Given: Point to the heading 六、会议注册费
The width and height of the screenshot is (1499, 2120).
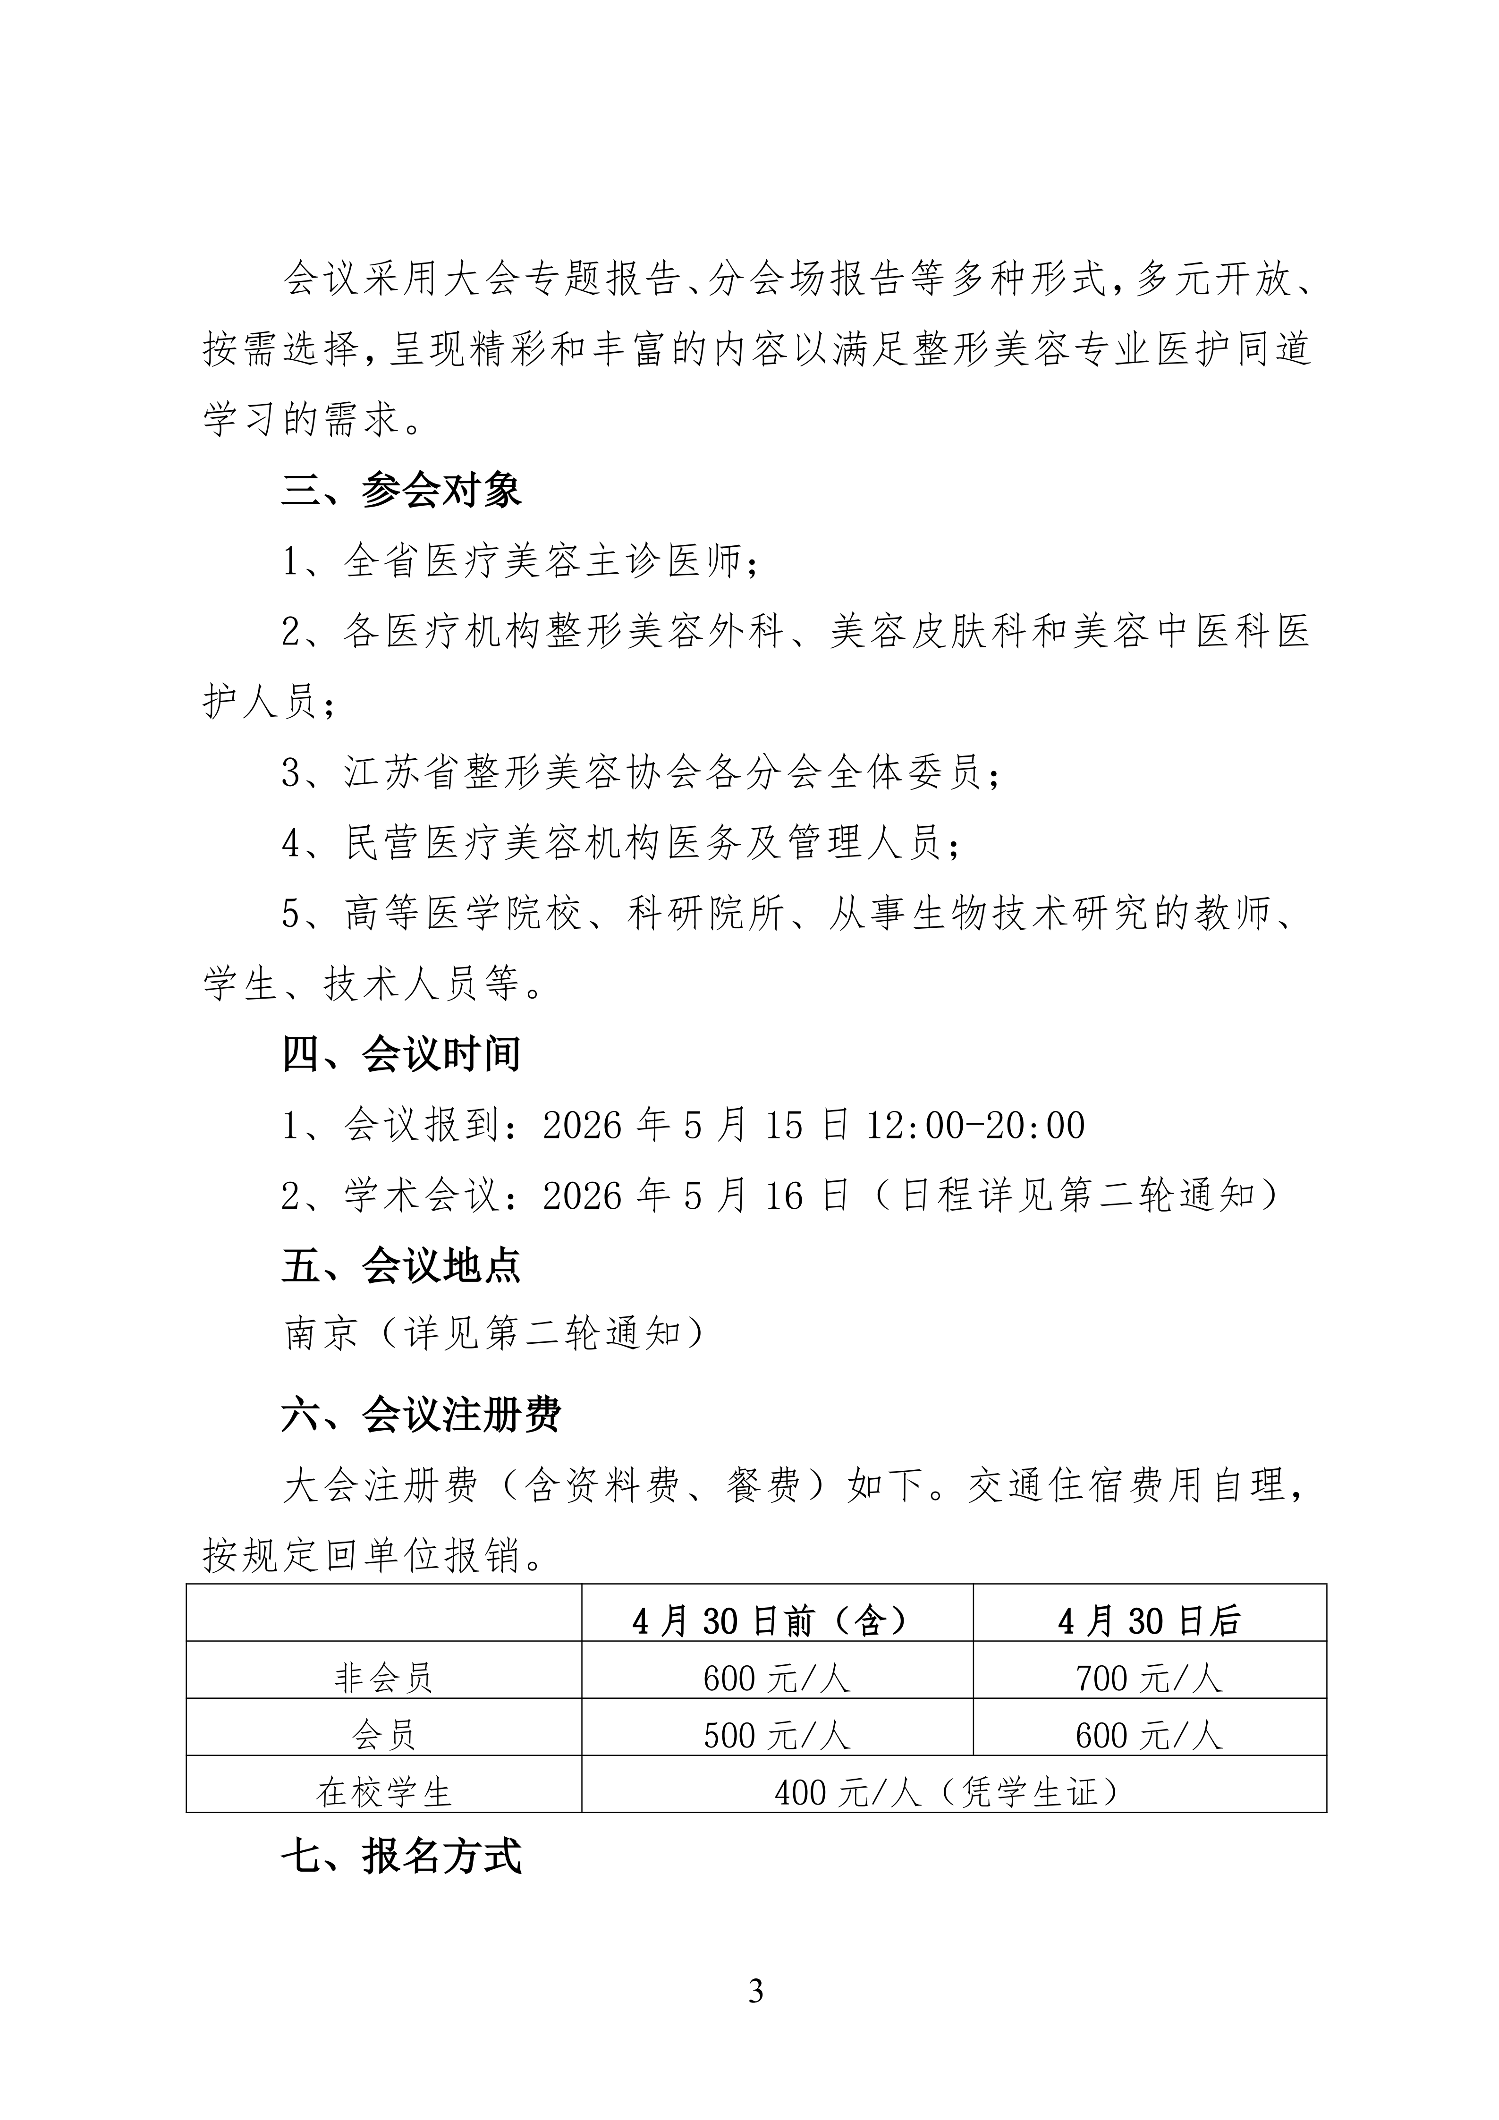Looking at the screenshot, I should pyautogui.click(x=421, y=1415).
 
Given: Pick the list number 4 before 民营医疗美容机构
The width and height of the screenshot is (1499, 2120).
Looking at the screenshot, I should pyautogui.click(x=292, y=842).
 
